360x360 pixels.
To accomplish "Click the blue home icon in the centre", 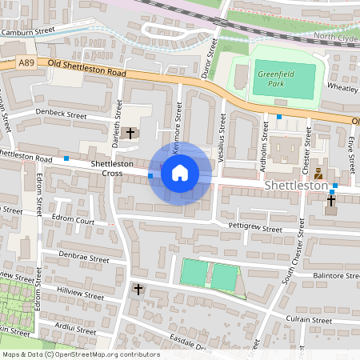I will [180, 172].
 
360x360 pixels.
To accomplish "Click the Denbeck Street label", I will [61, 115].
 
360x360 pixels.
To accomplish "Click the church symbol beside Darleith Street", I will [131, 134].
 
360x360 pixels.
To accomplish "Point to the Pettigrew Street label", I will [255, 229].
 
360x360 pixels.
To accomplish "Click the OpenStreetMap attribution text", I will [80, 354].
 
